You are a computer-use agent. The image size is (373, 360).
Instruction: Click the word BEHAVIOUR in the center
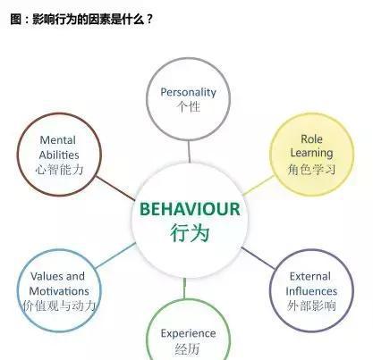pos(190,209)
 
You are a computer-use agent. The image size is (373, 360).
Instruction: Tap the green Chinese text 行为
pos(190,232)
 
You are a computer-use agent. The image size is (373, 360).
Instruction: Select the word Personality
pos(188,92)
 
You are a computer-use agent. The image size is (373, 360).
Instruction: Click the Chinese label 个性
pos(188,106)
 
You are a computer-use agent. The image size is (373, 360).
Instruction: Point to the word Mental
pos(57,140)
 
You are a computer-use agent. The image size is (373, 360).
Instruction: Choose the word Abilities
pos(59,155)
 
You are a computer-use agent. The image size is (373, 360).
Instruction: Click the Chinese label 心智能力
pos(59,170)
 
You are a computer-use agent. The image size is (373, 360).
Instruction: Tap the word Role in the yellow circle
pos(311,138)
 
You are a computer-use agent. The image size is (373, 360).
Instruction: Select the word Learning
pos(311,153)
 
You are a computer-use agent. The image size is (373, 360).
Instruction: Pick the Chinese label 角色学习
pos(311,170)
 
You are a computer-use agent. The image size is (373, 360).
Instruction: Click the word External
pos(310,276)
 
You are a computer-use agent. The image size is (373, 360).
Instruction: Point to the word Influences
pos(311,291)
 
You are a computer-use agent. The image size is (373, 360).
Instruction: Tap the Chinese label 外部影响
pos(311,306)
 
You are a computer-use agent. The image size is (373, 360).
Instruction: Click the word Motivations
pos(59,291)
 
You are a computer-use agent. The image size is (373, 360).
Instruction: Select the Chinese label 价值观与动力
pos(59,306)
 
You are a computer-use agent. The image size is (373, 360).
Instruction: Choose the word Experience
pos(188,333)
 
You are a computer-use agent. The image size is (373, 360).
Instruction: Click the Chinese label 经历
pos(188,349)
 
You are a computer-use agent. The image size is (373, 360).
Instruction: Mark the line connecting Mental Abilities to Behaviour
pos(115,188)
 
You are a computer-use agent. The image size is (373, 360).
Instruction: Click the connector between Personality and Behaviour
pos(189,152)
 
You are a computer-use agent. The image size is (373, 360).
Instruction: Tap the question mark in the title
pos(149,20)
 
